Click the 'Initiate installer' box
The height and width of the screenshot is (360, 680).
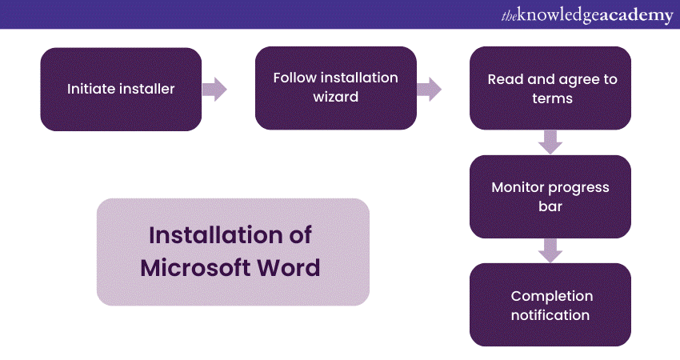[120, 89]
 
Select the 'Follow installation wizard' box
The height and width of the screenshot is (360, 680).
[335, 88]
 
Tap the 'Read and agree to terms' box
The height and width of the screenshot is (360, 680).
[550, 88]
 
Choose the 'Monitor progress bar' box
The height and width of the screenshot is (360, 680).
[550, 196]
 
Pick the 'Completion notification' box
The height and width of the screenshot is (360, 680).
[550, 305]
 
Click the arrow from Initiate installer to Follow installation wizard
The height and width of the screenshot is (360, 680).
[214, 89]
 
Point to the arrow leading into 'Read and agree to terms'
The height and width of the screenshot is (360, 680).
[430, 89]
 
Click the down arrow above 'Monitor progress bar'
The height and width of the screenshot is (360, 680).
[550, 142]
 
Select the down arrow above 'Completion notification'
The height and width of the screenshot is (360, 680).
[550, 250]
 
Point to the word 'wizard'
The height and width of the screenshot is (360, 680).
[336, 98]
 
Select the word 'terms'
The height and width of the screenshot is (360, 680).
[550, 99]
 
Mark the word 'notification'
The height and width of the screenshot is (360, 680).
[550, 315]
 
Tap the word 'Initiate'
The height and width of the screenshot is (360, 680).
[90, 89]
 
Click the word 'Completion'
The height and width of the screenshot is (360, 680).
[550, 296]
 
